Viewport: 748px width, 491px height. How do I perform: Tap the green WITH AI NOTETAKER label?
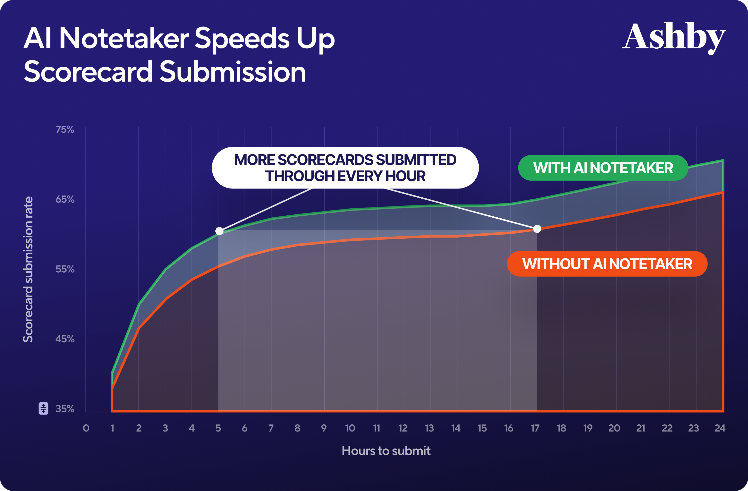click(603, 168)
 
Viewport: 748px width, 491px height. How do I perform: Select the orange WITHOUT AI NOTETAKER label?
click(607, 264)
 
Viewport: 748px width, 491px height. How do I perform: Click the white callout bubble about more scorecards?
click(345, 168)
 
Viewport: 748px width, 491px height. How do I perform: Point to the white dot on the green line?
click(219, 231)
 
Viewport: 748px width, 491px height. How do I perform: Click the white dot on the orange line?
click(537, 229)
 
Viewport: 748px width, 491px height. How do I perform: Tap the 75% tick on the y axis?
click(65, 129)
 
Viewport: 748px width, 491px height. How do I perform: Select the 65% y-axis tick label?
click(65, 199)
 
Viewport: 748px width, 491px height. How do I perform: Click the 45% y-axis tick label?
click(65, 339)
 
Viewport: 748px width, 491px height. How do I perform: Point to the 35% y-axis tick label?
click(65, 409)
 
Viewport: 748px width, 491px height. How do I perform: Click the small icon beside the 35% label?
click(43, 408)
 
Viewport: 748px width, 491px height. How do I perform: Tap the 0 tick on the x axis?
click(86, 428)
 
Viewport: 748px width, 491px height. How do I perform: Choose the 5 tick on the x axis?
click(218, 428)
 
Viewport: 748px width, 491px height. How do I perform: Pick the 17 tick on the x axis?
click(535, 428)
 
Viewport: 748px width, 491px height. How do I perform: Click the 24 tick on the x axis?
click(720, 428)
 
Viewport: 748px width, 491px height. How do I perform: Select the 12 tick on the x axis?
click(403, 428)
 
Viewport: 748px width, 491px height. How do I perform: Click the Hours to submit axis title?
click(386, 451)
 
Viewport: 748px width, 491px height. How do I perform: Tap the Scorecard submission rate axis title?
click(28, 269)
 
